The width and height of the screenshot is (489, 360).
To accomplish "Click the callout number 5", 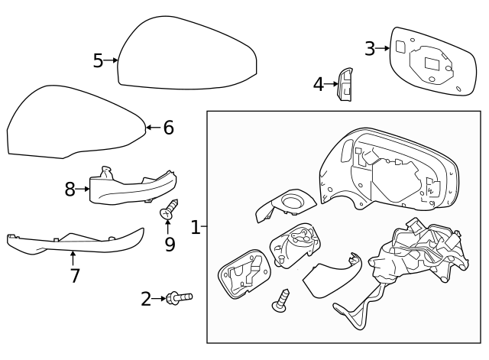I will coord(98,60).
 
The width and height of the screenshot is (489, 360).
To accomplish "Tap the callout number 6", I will coord(168,128).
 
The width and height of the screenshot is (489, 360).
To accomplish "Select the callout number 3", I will coord(370,49).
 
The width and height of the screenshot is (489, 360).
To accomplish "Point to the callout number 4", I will coord(319,84).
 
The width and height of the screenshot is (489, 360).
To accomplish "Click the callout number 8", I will coord(70,190).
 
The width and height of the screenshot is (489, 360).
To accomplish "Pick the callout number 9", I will coord(170,244).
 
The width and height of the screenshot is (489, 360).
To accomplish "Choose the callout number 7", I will coord(74,275).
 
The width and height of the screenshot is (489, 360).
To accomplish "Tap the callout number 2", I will coord(146,299).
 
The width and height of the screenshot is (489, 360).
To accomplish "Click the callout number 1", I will coord(195,227).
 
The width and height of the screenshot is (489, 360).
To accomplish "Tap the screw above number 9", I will coord(169,209).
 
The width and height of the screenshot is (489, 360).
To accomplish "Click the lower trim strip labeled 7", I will coord(76,242).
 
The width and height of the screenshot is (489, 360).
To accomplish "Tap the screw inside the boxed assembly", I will coord(280,299).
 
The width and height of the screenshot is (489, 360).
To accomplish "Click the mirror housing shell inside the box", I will coord(390,172).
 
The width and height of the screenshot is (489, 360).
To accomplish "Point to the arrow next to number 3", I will coord(384,49).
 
